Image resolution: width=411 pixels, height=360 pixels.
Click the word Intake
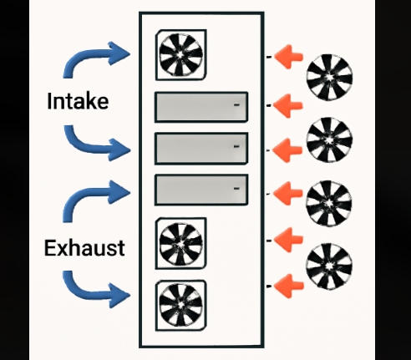click(78, 101)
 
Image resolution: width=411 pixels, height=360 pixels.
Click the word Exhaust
click(84, 248)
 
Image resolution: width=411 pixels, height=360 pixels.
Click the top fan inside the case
click(180, 54)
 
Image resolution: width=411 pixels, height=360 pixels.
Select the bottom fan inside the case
click(180, 305)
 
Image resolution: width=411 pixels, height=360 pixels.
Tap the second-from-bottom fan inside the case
click(180, 244)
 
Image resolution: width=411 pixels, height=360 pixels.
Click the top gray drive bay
click(201, 107)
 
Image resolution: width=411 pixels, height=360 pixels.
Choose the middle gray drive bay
click(201, 149)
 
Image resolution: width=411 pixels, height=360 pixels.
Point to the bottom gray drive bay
click(201, 190)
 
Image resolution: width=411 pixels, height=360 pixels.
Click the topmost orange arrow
click(288, 57)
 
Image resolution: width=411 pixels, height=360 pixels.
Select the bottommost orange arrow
click(289, 286)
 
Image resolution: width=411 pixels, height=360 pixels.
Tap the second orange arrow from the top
click(287, 106)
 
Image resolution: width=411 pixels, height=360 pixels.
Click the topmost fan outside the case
click(329, 77)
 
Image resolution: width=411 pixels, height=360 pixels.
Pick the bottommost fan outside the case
click(329, 266)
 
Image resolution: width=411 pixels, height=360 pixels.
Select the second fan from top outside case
click(329, 139)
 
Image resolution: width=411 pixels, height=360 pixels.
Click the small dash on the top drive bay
click(236, 105)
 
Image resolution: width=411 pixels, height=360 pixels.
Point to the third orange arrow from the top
click(287, 150)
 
